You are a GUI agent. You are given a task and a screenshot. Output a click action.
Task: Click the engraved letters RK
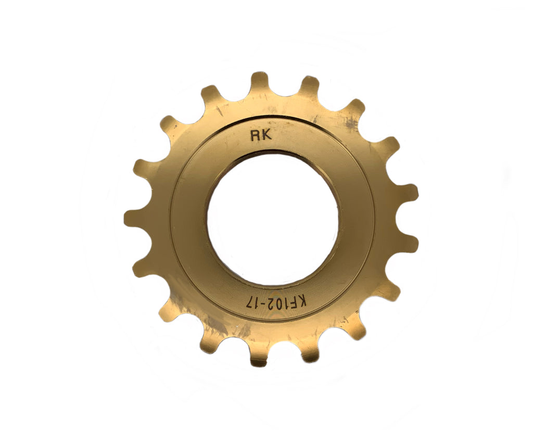coord(260,136)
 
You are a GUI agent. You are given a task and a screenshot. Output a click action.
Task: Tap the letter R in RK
coord(255,136)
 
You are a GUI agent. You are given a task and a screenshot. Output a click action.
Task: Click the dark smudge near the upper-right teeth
coord(350,122)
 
